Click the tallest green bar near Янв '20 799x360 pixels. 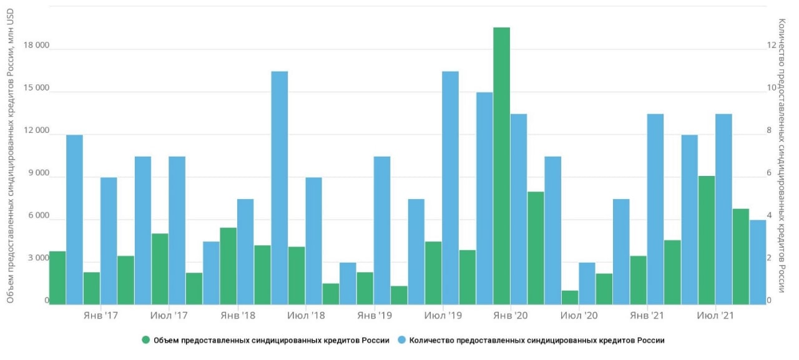[501, 166]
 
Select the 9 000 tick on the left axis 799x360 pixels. [37, 173]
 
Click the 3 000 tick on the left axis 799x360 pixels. [37, 258]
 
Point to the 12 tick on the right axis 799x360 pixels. [771, 46]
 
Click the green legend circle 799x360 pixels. [146, 340]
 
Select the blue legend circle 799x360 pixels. [403, 340]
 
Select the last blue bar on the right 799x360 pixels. [758, 262]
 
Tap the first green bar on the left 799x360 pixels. [57, 278]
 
